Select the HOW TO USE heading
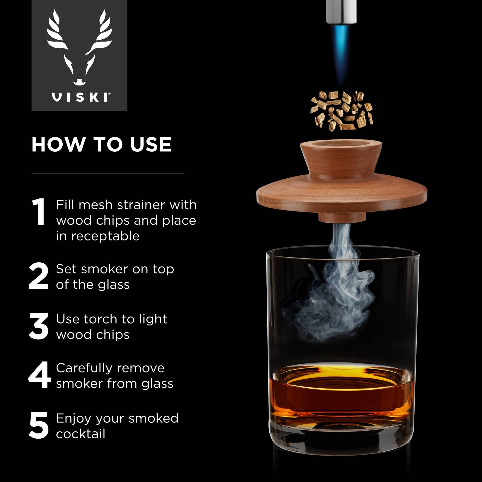coord(101,144)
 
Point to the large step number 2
coord(39,276)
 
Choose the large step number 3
coord(39,326)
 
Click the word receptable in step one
coord(105,236)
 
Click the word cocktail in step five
coord(81,434)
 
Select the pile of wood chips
coord(341,110)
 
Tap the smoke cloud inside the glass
coord(330,300)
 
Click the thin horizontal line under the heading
coord(108,174)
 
